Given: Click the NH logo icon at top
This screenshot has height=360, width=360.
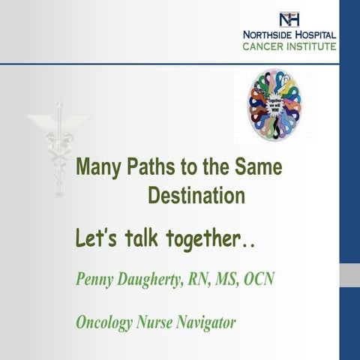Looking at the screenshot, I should click(288, 19).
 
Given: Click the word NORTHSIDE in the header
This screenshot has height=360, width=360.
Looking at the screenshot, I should click(267, 35).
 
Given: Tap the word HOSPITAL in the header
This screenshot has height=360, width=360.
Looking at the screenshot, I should click(315, 35).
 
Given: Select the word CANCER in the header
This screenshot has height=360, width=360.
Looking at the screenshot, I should click(262, 46).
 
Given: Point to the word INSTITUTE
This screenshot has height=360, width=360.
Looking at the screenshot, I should click(311, 46).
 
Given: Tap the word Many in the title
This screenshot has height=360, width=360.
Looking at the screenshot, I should click(99, 166).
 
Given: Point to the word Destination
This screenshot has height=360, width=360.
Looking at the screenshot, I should click(196, 196).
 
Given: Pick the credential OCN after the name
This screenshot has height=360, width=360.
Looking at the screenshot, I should click(256, 280).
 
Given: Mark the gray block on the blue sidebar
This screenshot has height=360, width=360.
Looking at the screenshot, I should click(349, 274).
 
